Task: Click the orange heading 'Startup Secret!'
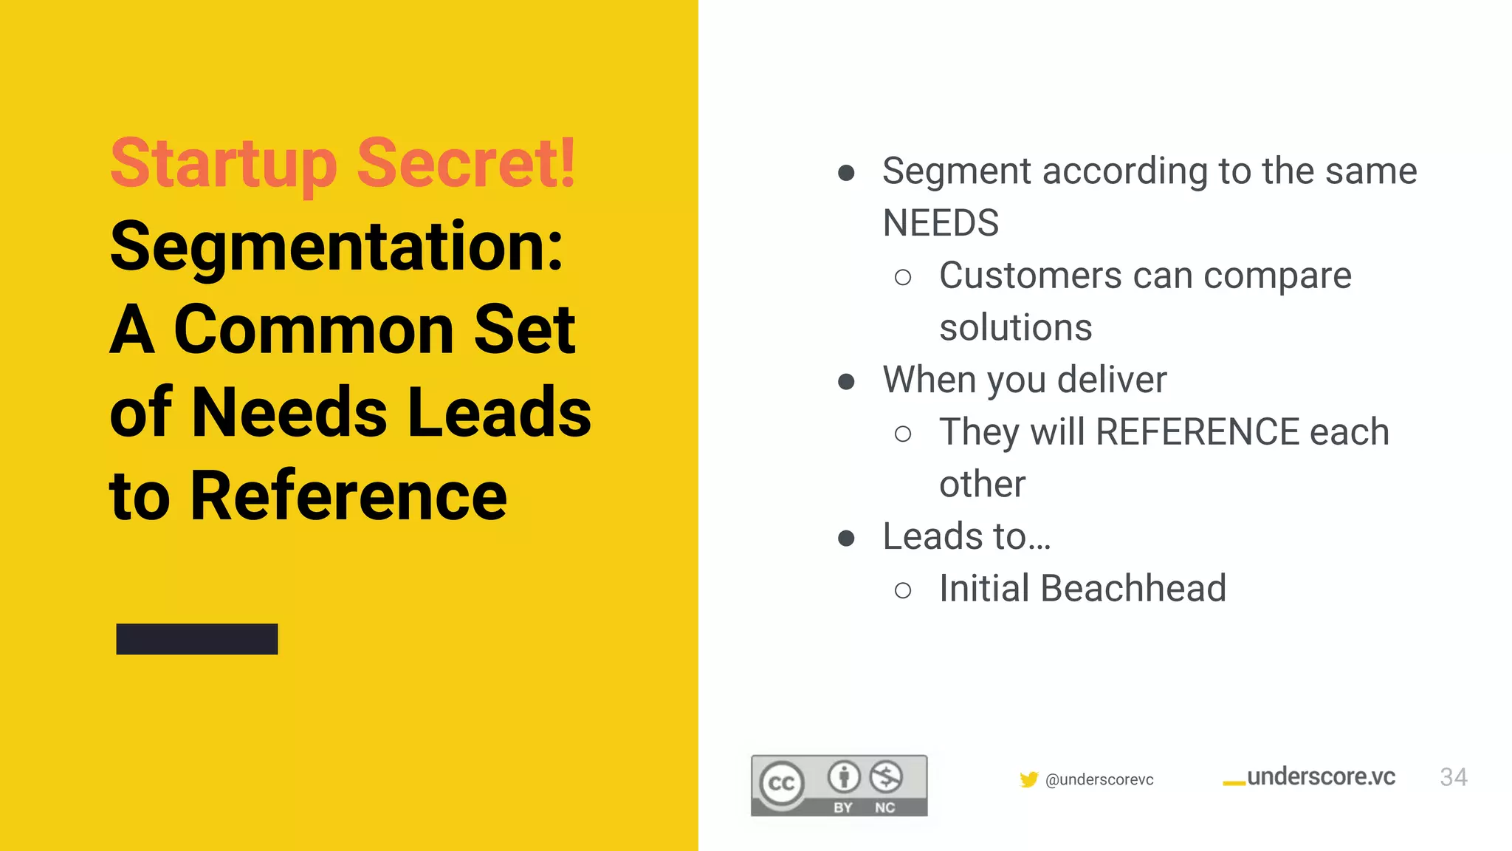343,163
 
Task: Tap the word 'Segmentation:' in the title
337,247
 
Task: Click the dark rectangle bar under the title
197,639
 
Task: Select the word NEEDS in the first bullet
941,223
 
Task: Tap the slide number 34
1453,777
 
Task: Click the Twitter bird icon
1028,779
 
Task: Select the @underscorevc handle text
1099,780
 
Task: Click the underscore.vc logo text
1321,777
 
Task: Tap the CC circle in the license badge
782,783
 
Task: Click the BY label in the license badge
843,807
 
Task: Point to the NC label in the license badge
884,807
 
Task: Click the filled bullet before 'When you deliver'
846,382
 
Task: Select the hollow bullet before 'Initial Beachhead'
902,590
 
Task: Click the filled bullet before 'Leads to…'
846,539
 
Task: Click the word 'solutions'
1015,328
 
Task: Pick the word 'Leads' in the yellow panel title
499,412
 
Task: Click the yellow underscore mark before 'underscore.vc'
1234,783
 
